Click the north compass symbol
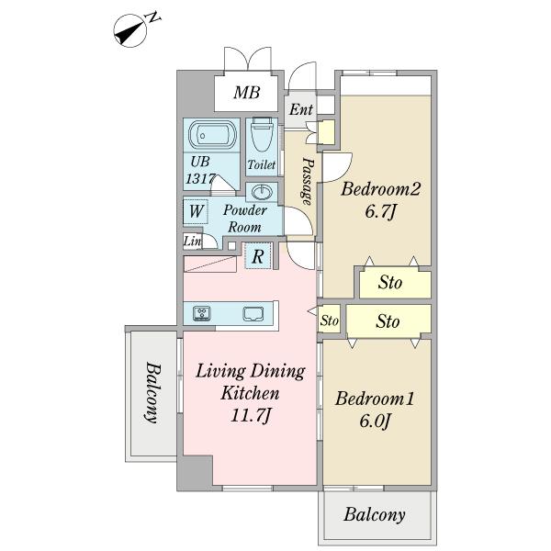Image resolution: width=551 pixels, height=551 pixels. click(x=129, y=30)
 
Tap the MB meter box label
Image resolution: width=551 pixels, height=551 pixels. click(x=247, y=93)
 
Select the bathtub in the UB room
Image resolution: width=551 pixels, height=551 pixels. click(x=212, y=135)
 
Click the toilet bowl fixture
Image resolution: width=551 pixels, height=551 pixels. click(x=262, y=136)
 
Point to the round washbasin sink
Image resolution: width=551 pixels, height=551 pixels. click(x=262, y=192)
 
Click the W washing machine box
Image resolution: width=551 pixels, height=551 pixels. click(x=196, y=211)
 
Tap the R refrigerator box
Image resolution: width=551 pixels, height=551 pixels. click(x=257, y=256)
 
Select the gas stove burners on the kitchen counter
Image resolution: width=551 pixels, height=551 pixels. click(x=202, y=313)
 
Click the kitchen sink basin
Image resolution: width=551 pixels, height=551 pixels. click(x=253, y=314)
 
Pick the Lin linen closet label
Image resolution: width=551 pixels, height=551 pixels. click(x=192, y=242)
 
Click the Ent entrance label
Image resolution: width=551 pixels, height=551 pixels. click(x=301, y=109)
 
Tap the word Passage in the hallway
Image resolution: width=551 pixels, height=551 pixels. click(x=307, y=181)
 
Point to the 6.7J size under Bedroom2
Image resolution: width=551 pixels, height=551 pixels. click(x=380, y=212)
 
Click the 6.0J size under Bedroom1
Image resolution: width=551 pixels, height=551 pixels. click(x=375, y=421)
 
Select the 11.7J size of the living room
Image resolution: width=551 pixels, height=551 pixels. click(x=250, y=416)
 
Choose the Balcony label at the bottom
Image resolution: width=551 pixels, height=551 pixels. click(x=375, y=515)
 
